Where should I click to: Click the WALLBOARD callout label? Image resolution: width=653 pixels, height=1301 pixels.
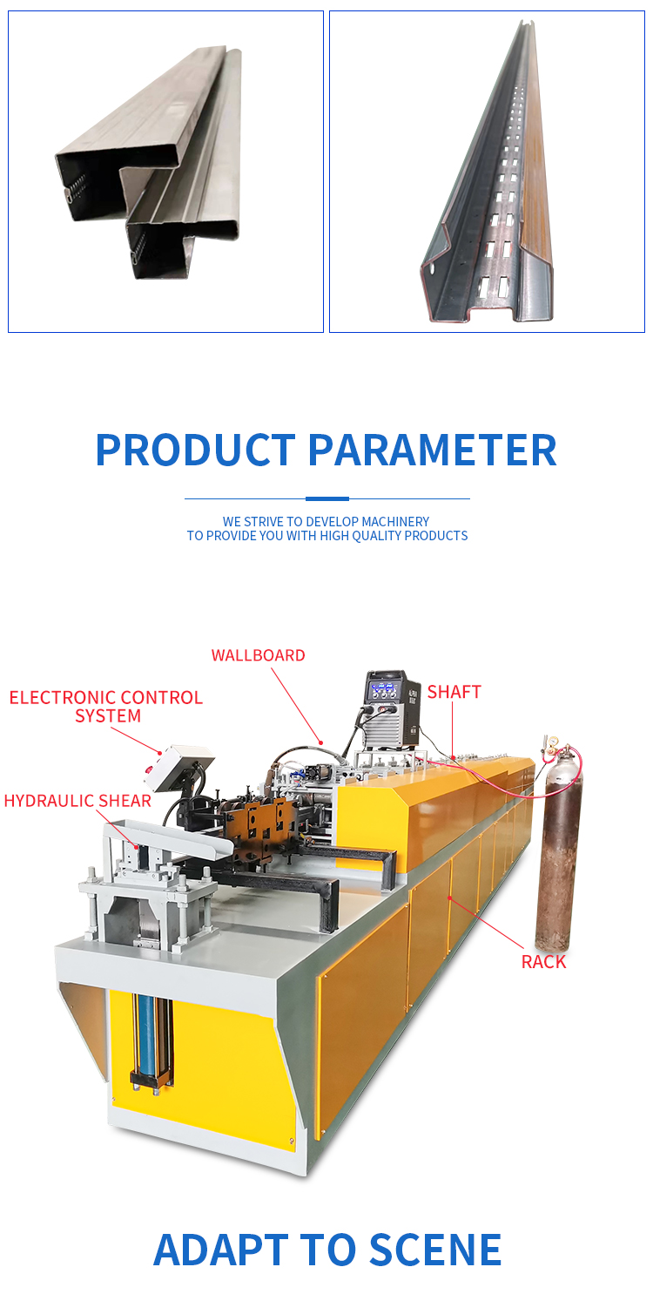[x=258, y=655]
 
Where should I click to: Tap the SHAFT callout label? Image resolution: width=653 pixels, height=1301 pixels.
[x=454, y=692]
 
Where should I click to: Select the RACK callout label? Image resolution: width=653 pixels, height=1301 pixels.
[x=543, y=962]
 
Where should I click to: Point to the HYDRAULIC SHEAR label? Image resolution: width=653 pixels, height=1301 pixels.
[x=77, y=801]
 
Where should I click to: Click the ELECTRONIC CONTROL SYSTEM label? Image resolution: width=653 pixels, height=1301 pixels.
[x=105, y=706]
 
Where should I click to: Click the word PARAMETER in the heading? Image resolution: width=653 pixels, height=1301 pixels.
[x=432, y=451]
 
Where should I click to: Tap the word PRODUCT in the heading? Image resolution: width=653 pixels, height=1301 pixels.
[x=196, y=451]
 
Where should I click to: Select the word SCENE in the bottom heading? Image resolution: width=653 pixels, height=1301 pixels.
[x=435, y=1250]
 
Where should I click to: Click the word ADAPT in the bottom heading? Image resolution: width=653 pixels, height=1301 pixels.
[x=219, y=1250]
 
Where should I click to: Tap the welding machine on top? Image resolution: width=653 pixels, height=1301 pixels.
[x=392, y=708]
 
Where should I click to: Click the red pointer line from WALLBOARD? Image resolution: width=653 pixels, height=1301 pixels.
[x=297, y=706]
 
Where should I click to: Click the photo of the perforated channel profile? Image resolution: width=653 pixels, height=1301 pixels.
[x=487, y=172]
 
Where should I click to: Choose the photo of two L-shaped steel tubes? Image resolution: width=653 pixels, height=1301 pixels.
[x=165, y=172]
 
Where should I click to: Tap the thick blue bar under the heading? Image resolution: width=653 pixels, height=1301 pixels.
[x=326, y=498]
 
